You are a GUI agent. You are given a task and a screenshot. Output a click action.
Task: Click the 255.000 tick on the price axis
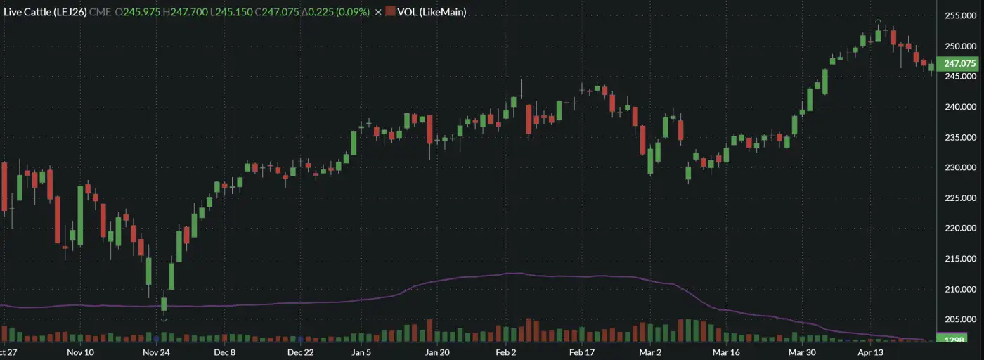960,15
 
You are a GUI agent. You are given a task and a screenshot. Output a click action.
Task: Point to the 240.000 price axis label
960,107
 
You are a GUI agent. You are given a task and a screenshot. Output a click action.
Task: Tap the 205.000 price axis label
960,319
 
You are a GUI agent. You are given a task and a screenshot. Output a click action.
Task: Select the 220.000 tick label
960,229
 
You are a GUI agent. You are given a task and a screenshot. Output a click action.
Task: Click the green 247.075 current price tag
960,63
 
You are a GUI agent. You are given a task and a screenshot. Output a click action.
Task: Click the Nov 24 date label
157,352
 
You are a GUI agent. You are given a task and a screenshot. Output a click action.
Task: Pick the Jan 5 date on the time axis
361,352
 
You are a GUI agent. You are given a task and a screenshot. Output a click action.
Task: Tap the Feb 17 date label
582,352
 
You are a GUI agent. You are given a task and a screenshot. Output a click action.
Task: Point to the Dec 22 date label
300,352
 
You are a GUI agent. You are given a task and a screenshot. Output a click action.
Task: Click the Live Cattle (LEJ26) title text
46,12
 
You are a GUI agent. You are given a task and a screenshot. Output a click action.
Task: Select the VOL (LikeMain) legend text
432,12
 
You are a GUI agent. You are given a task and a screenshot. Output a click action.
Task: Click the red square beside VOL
390,12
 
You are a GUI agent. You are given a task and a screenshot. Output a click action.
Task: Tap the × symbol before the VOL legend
379,12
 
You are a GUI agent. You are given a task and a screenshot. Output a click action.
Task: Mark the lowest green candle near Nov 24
164,304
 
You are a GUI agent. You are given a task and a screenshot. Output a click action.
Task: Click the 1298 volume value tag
956,340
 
